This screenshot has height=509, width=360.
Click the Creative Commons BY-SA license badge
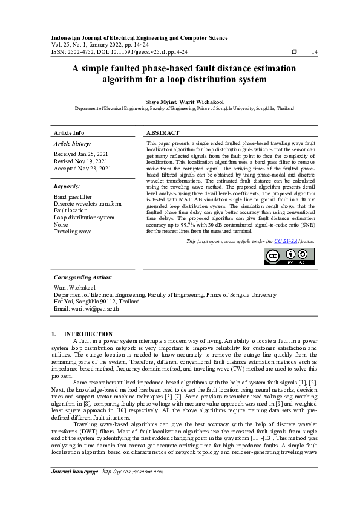tap(289, 257)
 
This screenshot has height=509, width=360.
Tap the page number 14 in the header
tap(314, 52)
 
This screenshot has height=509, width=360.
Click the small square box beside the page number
tap(294, 52)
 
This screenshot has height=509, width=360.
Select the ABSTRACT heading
tap(163, 132)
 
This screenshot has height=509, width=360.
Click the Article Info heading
tap(69, 132)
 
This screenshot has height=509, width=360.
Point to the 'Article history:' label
tap(72, 144)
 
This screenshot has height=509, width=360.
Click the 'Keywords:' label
tap(67, 186)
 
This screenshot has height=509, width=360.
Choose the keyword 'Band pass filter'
tap(73, 197)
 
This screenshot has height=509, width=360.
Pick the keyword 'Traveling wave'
tap(73, 231)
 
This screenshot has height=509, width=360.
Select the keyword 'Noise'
tap(62, 224)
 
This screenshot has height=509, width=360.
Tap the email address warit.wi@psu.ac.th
tap(87, 308)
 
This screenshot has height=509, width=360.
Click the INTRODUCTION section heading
tap(88, 334)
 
